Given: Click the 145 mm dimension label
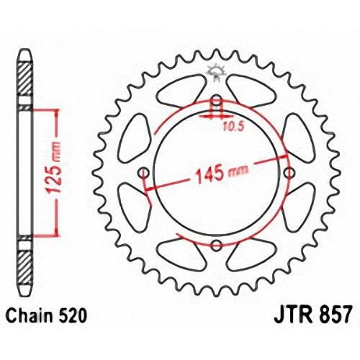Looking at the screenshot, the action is coord(222,174).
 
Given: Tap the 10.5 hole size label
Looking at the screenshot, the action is coord(233,126).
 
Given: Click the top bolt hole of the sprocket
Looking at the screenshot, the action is coord(217,99).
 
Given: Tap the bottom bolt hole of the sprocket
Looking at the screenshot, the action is coord(216,245).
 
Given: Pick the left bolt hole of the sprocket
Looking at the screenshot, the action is coord(143,172).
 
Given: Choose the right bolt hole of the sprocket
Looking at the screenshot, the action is coord(289,172).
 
